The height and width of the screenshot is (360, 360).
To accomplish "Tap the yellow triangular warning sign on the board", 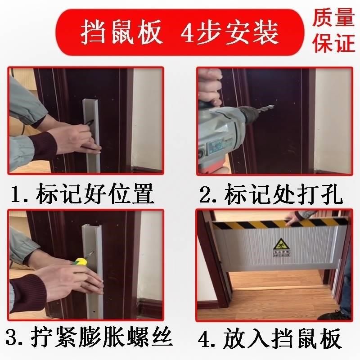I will pos(279,245).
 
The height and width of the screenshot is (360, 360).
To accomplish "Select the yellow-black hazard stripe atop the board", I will pos(279,223).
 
